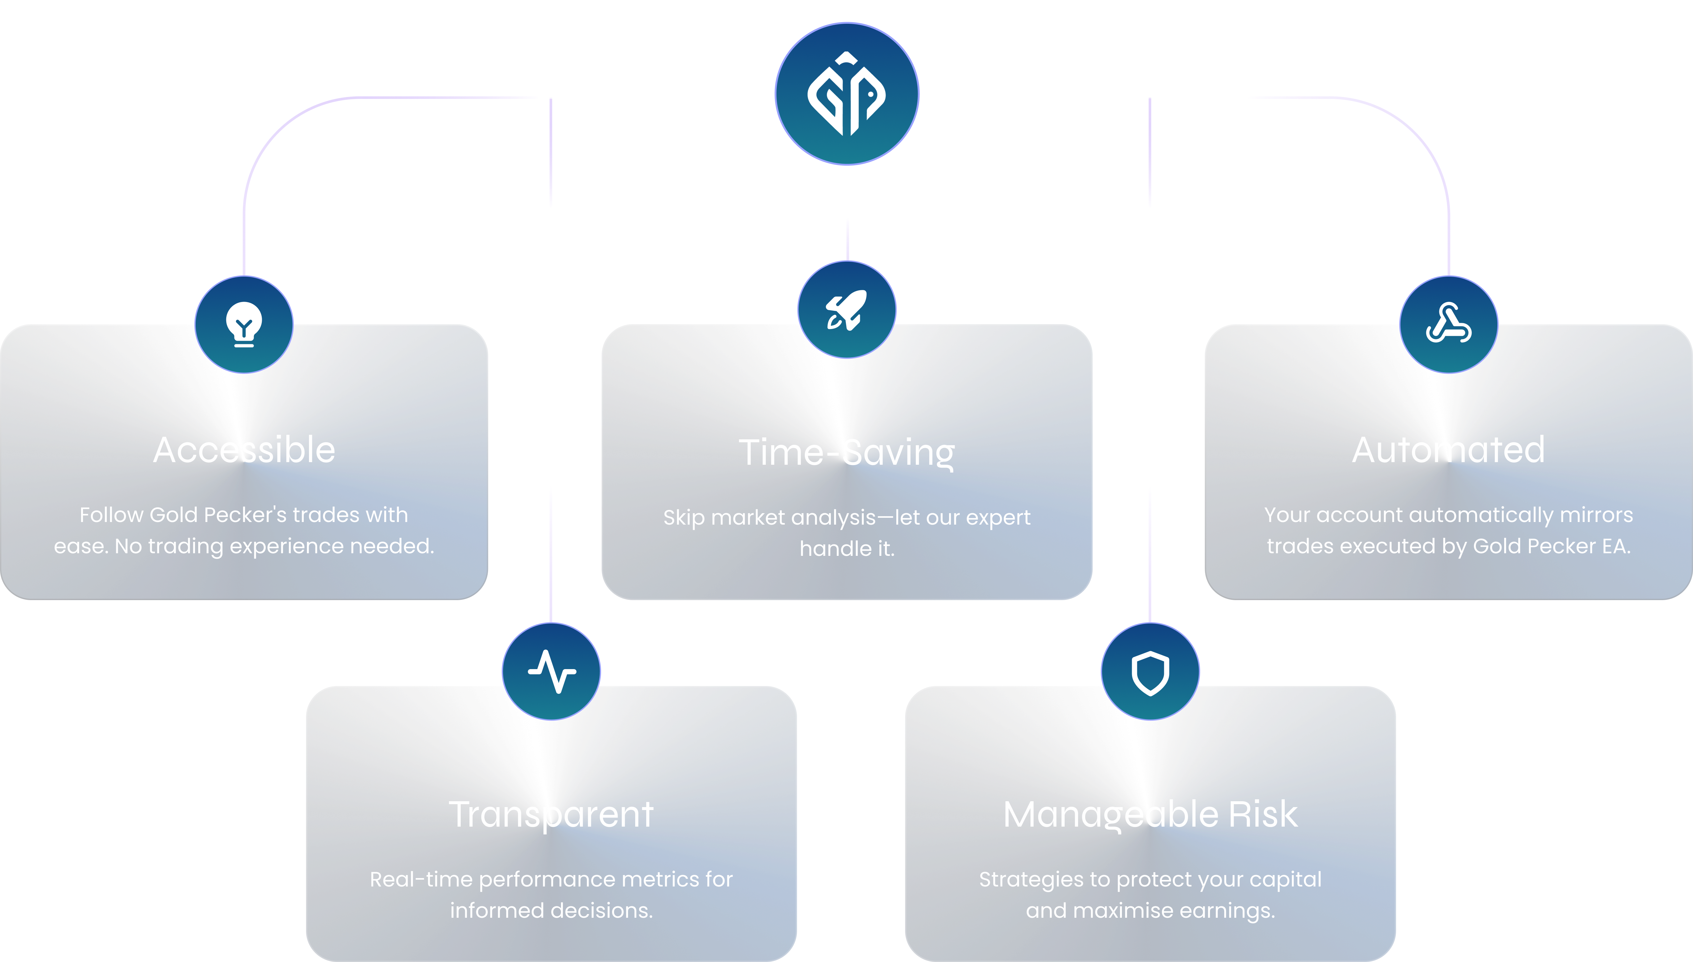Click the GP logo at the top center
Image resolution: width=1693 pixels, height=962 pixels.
[846, 94]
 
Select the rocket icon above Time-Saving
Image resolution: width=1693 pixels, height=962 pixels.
[846, 310]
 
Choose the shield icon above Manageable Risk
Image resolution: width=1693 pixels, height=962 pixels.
[1150, 673]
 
